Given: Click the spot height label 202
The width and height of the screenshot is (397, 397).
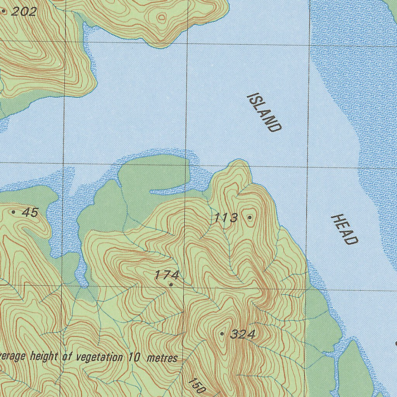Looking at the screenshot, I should coord(24,12).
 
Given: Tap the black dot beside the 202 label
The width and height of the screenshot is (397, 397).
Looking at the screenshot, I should coord(4,12).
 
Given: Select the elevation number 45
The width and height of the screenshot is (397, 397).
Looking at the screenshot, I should coord(30,212).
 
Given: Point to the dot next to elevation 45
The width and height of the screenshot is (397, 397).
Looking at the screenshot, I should coord(14,212).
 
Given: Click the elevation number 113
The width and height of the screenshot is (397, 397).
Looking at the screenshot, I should coord(226,218).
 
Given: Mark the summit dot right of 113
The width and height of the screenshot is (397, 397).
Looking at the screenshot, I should coord(250,217).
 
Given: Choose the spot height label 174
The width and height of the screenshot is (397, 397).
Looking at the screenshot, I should coord(167,275).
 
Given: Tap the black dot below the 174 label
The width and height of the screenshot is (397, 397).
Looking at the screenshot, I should coord(171,285).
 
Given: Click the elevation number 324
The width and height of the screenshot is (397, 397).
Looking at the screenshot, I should coord(242,334).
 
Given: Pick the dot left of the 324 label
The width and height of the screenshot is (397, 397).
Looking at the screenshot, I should coord(222,333).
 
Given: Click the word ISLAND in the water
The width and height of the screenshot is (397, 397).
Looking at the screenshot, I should coord(264,112).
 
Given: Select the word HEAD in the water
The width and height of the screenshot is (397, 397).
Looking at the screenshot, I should coord(344,229).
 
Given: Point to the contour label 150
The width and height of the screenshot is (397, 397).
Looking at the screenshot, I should coord(196,385).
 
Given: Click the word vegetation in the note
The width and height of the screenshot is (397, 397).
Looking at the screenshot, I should coord(97,357).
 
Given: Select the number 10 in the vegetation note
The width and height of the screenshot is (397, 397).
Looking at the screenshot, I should coord(134,357).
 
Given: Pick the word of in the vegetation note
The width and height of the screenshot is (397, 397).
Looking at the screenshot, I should coord(68,356).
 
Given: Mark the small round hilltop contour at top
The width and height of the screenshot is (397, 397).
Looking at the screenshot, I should coord(162,17).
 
